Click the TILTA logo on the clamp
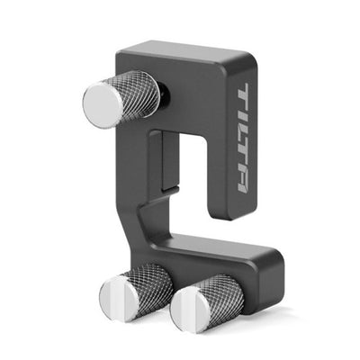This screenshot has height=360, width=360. pyautogui.click(x=243, y=138)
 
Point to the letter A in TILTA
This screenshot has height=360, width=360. pyautogui.click(x=243, y=182)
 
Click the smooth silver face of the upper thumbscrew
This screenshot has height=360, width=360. pyautogui.click(x=103, y=102)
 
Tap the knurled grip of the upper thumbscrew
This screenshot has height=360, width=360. pyautogui.click(x=137, y=92)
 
